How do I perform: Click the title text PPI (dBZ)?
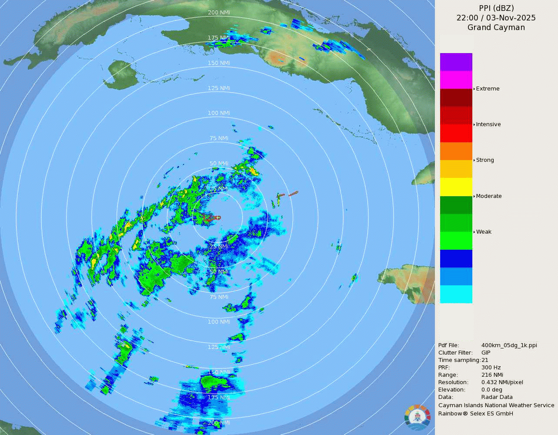pyautogui.click(x=496, y=8)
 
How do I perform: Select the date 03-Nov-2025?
pyautogui.click(x=511, y=18)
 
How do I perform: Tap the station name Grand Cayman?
pyautogui.click(x=496, y=27)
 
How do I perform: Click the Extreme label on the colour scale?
pyautogui.click(x=488, y=89)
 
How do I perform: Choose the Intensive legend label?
pyautogui.click(x=488, y=124)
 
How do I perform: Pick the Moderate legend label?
pyautogui.click(x=488, y=196)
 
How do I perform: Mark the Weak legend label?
pyautogui.click(x=484, y=232)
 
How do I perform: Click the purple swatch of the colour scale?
pyautogui.click(x=456, y=62)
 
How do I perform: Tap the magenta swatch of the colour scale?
pyautogui.click(x=456, y=80)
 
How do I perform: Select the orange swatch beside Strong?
pyautogui.click(x=456, y=151)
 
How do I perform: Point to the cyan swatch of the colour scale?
pyautogui.click(x=456, y=294)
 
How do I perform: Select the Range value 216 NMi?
pyautogui.click(x=492, y=375)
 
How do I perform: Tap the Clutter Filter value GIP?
pyautogui.click(x=486, y=353)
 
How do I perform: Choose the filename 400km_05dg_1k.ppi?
pyautogui.click(x=509, y=345)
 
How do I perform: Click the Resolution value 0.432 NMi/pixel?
pyautogui.click(x=502, y=382)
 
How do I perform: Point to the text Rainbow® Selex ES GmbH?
pyautogui.click(x=475, y=414)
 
